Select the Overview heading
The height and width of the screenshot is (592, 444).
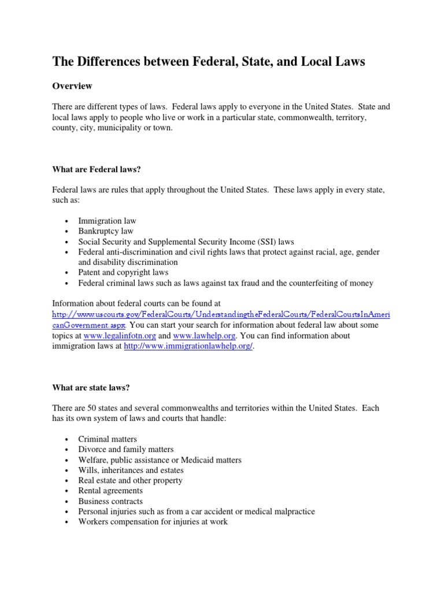72,86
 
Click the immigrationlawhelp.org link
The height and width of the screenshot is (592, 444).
188,346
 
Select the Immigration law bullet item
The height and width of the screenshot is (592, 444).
107,221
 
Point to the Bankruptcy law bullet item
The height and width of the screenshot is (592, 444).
105,231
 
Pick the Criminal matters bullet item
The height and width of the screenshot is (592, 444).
108,439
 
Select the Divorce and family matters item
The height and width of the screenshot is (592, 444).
125,450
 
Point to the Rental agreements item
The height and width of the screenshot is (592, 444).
110,491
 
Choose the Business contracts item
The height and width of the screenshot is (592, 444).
110,502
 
